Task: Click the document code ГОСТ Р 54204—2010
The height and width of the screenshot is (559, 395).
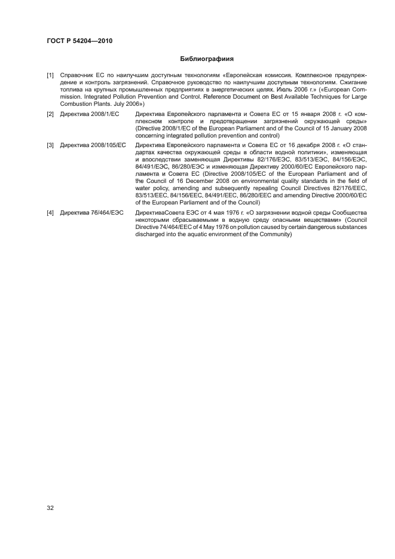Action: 79,41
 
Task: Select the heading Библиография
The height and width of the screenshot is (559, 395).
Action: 207,59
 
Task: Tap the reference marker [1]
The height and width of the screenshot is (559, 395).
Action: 51,75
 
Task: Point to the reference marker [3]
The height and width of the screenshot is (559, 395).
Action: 51,145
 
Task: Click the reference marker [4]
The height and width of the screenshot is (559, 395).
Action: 51,213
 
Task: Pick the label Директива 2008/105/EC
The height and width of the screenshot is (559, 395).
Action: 90,145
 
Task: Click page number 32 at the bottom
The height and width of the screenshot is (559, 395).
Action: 51,508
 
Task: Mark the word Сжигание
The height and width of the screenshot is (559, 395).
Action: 351,83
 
